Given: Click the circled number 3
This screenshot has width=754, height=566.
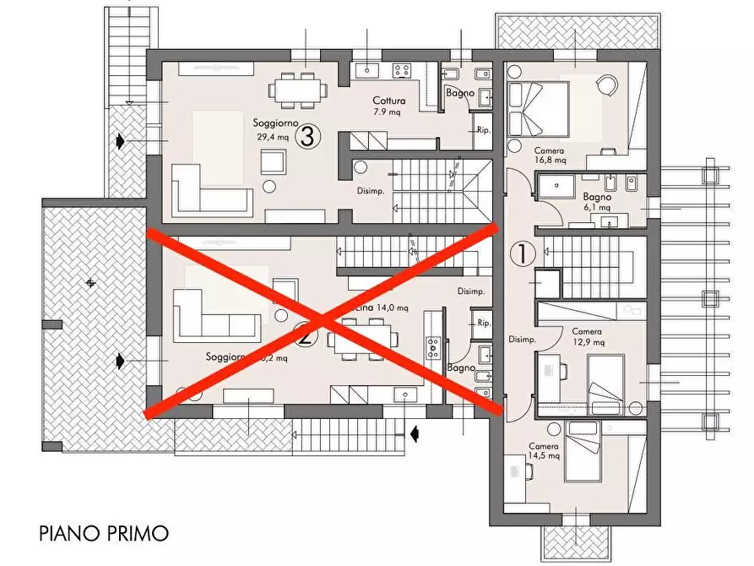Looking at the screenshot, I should pos(308,135).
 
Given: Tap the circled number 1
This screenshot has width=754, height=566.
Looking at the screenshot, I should pos(523,253).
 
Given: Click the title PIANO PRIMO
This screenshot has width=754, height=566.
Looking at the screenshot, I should pos(104,533).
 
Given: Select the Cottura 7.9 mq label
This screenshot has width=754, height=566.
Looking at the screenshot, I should pos(390,106).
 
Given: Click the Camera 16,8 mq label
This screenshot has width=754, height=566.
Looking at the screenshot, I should pos(550,155).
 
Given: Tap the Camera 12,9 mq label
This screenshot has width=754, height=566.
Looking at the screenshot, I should pos(587,337).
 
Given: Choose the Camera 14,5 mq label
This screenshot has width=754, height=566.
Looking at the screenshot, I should pos(544,451).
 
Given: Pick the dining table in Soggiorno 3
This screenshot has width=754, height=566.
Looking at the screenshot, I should pos(298,87).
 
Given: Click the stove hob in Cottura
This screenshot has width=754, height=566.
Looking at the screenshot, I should pos(402,70).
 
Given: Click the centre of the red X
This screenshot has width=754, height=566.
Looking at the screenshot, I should pos(323,320).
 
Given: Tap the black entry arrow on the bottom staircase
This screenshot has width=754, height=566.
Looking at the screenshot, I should pos(415,433).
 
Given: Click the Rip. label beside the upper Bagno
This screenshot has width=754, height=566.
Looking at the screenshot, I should pos(483,130).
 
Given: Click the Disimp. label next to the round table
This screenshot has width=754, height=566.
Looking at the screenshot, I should pos(372,191).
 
